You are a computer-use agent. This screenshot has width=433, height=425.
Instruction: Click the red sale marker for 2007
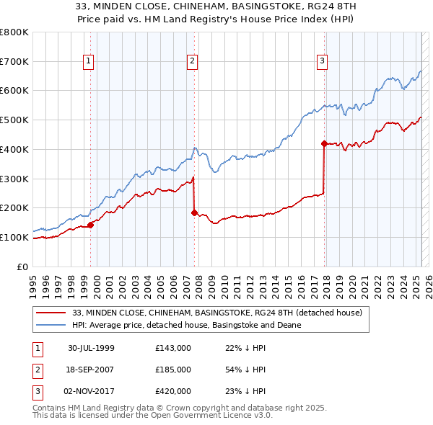pos(194,212)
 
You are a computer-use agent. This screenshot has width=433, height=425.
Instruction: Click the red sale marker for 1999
pos(91,225)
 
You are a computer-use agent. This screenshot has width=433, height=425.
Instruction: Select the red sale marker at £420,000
pos(324,143)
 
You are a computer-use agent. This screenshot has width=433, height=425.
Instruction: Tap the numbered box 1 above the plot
pos(88,62)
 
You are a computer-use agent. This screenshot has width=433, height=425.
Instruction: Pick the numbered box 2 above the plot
pos(193,62)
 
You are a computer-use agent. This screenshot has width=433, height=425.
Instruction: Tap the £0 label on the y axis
pos(23,267)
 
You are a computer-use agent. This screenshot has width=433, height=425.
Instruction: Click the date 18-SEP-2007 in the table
pos(91,370)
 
